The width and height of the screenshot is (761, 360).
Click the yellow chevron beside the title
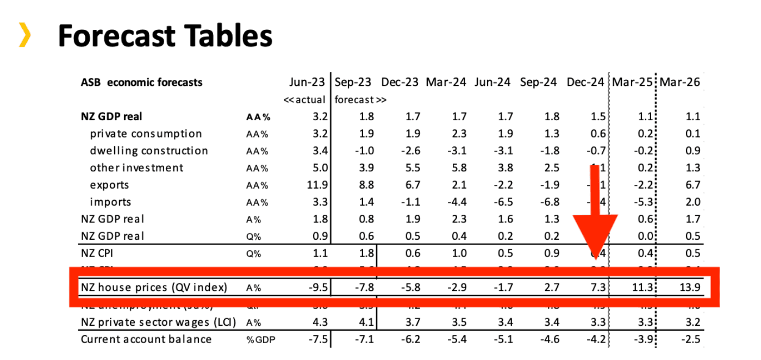(x=24, y=35)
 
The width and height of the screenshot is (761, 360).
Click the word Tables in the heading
(x=221, y=36)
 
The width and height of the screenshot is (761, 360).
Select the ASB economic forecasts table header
(x=141, y=82)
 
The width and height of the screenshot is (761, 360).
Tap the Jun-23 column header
(x=307, y=82)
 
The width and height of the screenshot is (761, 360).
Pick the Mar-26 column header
(x=679, y=82)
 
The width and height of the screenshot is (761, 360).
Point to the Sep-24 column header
(x=538, y=82)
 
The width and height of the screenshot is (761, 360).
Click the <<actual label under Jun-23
(x=304, y=100)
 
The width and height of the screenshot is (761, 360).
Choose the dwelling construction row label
(x=149, y=151)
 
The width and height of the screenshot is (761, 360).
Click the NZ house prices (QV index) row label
(x=154, y=287)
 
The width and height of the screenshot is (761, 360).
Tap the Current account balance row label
(x=146, y=339)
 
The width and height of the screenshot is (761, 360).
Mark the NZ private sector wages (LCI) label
(x=158, y=322)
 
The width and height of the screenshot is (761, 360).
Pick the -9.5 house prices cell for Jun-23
(x=317, y=287)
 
